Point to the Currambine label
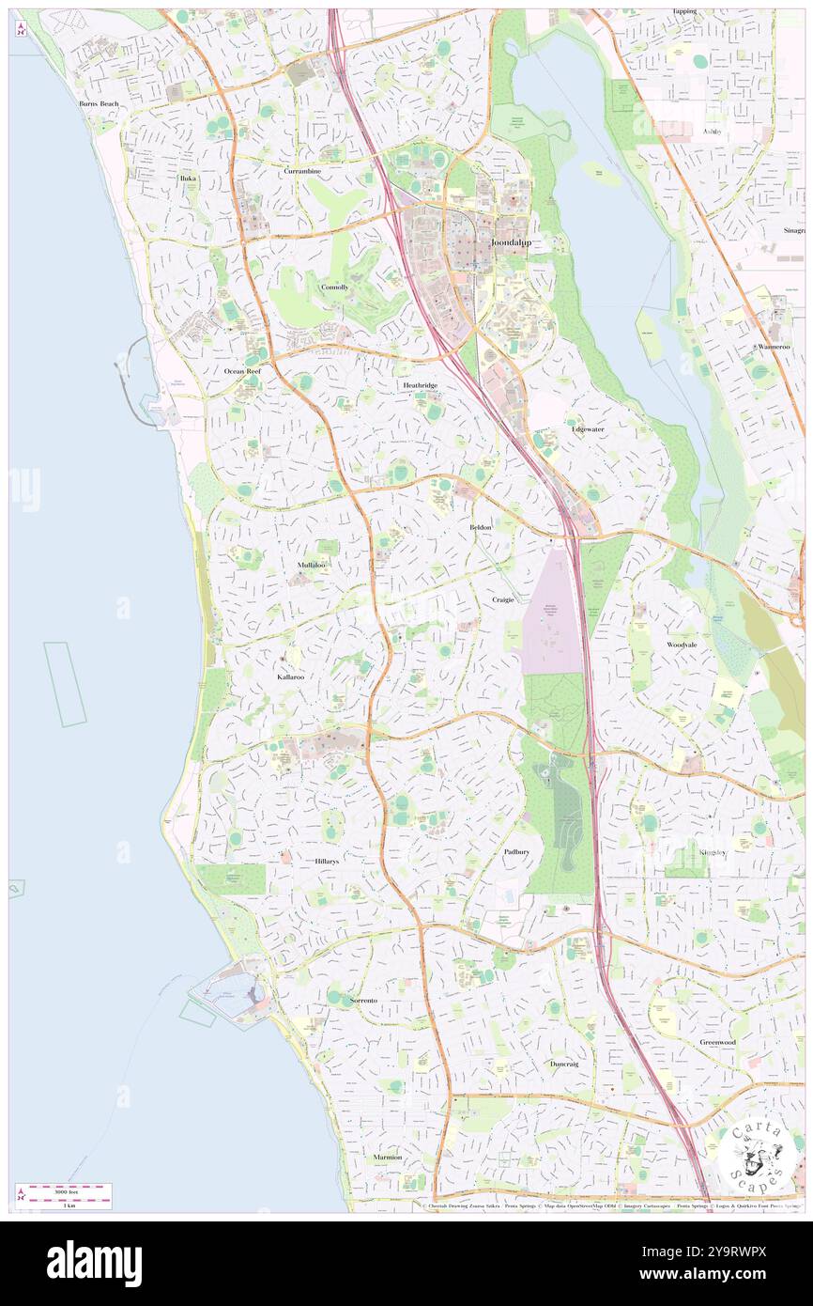(x=303, y=172)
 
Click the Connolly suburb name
(x=334, y=287)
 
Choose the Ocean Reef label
(x=242, y=371)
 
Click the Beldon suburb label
(x=481, y=528)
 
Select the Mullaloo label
(x=312, y=565)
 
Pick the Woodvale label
(x=682, y=645)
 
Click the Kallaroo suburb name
(x=290, y=676)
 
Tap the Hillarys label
(x=327, y=861)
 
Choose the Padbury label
(x=516, y=852)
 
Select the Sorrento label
(x=363, y=1001)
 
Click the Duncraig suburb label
(x=564, y=1064)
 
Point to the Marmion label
(x=388, y=1158)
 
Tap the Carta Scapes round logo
(x=753, y=1157)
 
